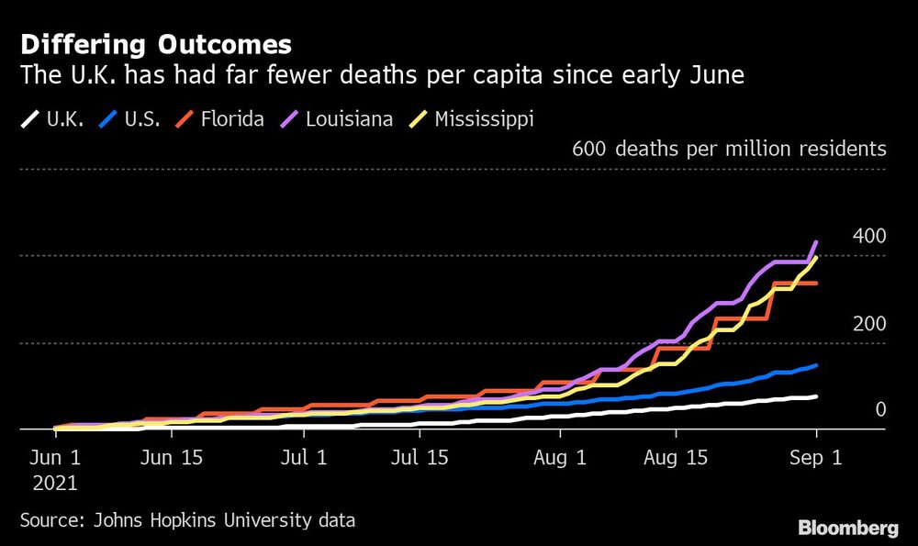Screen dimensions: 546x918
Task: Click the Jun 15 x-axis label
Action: point(172,456)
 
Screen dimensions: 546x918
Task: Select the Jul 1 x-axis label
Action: point(304,456)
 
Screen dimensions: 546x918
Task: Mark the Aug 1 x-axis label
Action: point(560,456)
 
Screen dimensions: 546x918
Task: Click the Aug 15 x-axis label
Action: point(678,456)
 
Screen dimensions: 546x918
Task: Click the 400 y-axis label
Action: point(868,236)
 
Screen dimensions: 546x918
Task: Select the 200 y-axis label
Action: point(868,324)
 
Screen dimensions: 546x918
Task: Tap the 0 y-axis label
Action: point(879,409)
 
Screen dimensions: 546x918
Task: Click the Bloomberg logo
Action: point(847,528)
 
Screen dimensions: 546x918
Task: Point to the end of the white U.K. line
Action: point(816,396)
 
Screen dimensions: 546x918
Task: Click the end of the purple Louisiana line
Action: point(816,242)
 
